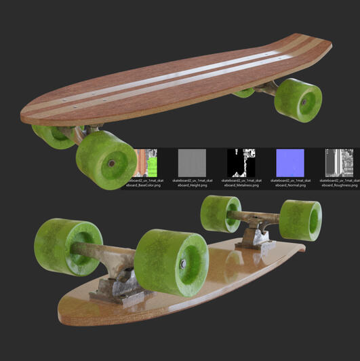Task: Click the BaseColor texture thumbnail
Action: pos(145,162)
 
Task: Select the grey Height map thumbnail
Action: pos(192,162)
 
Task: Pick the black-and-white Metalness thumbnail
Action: pos(241,162)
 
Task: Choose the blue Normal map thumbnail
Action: pos(290,162)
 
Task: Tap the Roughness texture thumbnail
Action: pos(339,162)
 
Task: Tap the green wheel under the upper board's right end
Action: pos(299,100)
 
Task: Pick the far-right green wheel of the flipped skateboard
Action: pos(300,220)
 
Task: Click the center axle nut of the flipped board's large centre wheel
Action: pos(183,263)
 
